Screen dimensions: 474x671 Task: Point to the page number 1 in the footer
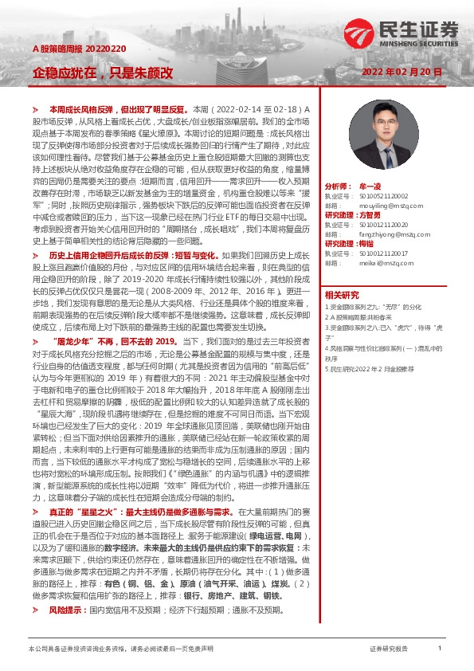440,649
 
